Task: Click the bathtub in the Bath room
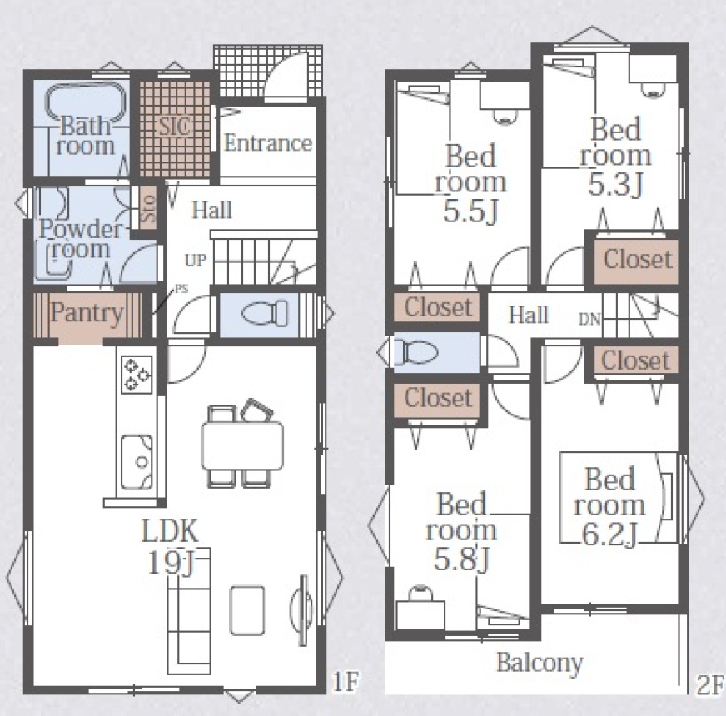(x=86, y=105)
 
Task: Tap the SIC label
(x=175, y=126)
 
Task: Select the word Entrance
(x=267, y=143)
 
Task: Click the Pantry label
(x=87, y=312)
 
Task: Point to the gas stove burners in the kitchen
(x=137, y=375)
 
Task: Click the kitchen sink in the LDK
(x=137, y=462)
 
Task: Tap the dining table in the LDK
(x=242, y=446)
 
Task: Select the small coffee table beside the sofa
(x=248, y=611)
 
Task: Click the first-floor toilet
(x=265, y=313)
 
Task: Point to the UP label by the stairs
(x=196, y=261)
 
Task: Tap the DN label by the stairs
(x=589, y=319)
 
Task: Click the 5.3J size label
(x=616, y=184)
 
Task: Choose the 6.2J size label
(x=609, y=534)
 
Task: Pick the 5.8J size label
(x=461, y=559)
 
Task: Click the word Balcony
(x=540, y=663)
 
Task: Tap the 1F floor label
(x=346, y=681)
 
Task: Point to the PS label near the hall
(x=182, y=289)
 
